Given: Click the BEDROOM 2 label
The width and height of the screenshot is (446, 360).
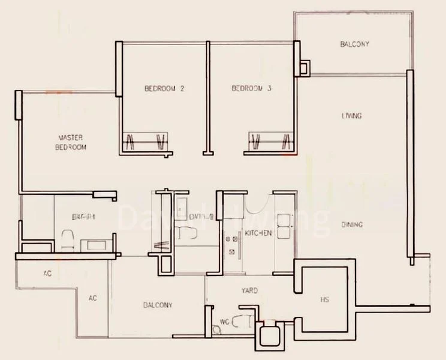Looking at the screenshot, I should [164, 89].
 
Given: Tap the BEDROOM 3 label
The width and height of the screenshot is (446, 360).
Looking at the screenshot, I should [252, 89].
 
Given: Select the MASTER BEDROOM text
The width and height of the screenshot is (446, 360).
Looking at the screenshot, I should [71, 142].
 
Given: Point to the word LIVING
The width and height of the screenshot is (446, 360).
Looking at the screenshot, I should [352, 116].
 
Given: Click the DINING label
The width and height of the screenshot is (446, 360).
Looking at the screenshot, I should [352, 225].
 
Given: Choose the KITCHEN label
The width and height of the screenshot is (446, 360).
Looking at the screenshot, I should [258, 233].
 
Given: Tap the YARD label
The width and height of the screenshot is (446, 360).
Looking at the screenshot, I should [249, 291].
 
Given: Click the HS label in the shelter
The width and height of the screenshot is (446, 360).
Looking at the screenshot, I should [324, 299].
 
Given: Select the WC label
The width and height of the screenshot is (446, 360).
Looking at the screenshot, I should [224, 322].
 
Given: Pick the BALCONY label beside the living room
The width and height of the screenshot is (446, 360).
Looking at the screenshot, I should [354, 44].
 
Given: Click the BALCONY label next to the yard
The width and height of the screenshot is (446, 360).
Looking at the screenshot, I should [157, 305].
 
